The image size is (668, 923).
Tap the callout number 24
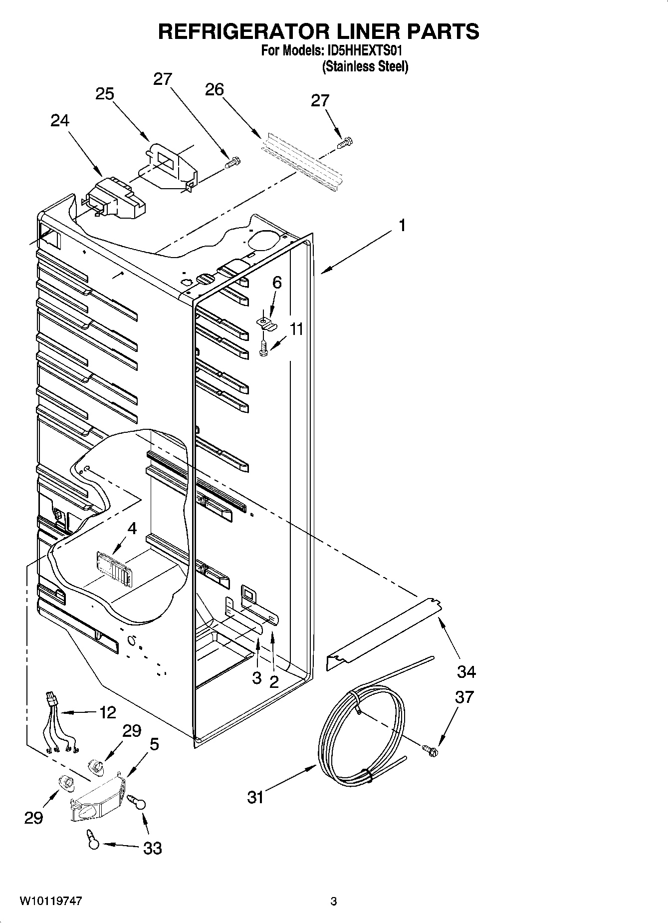[60, 121]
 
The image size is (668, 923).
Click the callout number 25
[105, 94]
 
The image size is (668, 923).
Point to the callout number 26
[215, 89]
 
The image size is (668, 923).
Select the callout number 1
[402, 226]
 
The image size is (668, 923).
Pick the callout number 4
[132, 528]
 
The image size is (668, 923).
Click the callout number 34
[466, 672]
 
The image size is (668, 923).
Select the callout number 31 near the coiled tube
[255, 797]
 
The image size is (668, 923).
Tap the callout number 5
[155, 744]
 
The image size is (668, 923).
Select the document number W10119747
[51, 901]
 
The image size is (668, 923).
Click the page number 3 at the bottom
[334, 901]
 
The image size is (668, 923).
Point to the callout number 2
[274, 682]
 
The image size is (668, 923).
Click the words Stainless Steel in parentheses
[365, 66]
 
